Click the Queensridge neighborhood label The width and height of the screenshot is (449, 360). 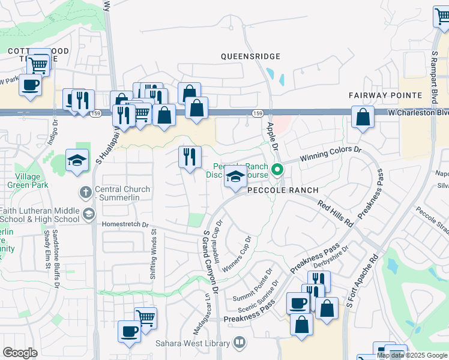(x=250, y=56)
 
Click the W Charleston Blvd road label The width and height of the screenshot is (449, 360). (x=418, y=112)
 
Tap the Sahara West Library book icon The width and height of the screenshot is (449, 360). (x=240, y=343)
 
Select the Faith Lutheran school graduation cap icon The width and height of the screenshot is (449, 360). (x=88, y=214)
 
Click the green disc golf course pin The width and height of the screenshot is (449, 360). (x=277, y=170)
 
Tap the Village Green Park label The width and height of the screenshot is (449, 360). (x=24, y=181)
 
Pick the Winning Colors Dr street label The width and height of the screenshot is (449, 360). (x=332, y=151)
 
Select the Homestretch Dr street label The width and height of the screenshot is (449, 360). (x=125, y=224)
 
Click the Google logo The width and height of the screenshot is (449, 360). (x=20, y=353)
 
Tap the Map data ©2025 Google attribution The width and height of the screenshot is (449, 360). (x=412, y=355)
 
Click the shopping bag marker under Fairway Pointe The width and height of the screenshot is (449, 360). (x=363, y=118)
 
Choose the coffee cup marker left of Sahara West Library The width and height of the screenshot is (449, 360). (x=129, y=331)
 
